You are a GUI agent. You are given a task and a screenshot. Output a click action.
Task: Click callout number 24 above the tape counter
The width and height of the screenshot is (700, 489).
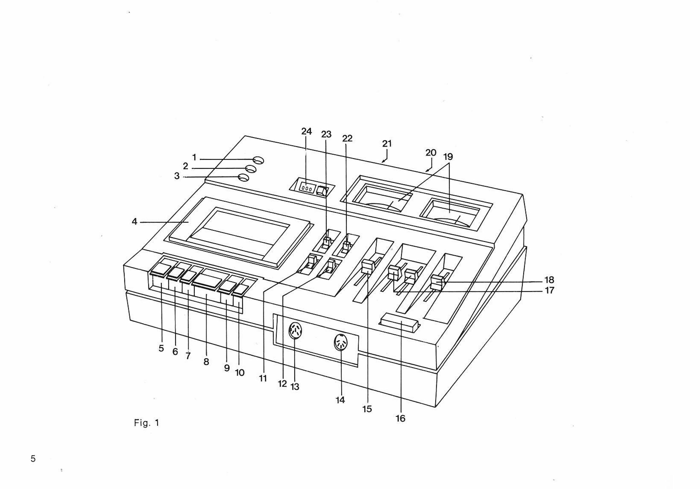pyautogui.click(x=306, y=131)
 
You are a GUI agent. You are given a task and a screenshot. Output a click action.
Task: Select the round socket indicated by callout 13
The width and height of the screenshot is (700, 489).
pyautogui.click(x=295, y=331)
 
